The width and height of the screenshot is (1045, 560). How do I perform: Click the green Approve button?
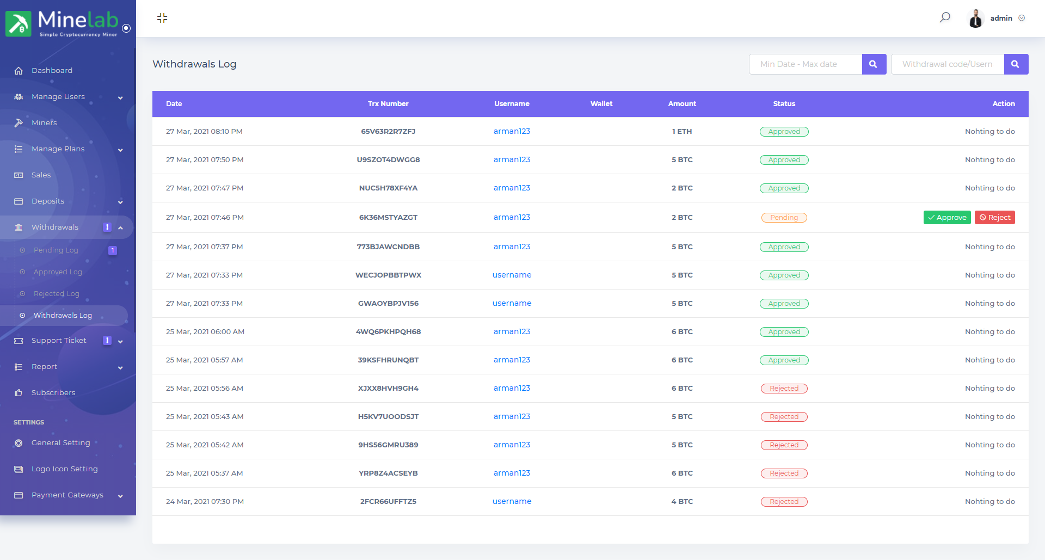click(947, 218)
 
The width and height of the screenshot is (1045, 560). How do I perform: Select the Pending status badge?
click(784, 218)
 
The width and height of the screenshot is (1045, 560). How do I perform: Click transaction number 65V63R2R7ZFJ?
click(388, 132)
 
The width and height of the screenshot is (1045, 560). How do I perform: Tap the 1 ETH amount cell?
click(682, 132)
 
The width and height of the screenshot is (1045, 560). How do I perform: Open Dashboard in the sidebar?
click(52, 71)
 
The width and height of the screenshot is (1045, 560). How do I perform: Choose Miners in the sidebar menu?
click(44, 123)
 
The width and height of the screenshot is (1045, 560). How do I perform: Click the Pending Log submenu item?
click(56, 250)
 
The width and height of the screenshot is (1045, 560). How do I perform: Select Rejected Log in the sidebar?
click(57, 294)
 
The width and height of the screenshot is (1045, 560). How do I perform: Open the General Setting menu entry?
click(61, 443)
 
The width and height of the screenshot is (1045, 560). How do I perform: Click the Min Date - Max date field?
click(806, 64)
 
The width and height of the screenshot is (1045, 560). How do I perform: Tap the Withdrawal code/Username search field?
click(948, 64)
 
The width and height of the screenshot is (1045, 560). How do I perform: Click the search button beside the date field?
click(874, 64)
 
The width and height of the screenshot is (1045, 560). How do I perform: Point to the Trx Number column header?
click(388, 104)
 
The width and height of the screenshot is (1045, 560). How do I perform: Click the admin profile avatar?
click(975, 19)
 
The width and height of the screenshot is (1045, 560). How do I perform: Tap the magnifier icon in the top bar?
click(945, 17)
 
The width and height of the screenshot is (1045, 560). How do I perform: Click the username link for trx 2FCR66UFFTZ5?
click(512, 502)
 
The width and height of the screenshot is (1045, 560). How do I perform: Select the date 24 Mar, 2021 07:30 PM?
click(205, 502)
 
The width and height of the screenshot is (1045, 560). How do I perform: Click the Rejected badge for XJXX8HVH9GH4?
click(784, 389)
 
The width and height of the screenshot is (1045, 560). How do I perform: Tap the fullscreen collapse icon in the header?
click(162, 18)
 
